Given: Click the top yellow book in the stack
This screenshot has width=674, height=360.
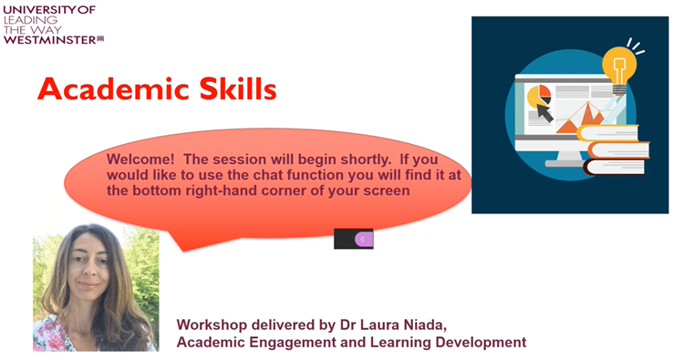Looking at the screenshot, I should click(x=611, y=134).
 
